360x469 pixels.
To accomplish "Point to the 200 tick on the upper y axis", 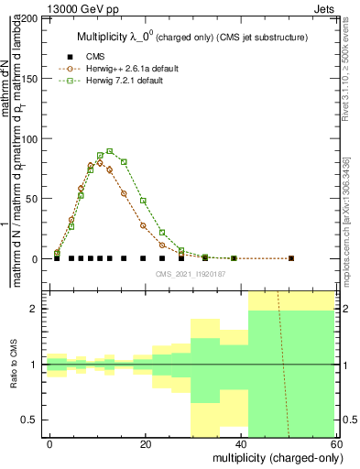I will pos(32,18).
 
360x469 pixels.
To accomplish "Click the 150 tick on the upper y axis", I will pos(32,79).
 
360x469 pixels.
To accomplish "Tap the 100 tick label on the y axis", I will pos(32,138).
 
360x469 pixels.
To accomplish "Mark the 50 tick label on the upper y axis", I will pos(35,199).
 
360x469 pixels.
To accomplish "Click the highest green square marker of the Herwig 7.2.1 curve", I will pos(109,151).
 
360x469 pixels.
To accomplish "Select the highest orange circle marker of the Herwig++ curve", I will pos(100,161).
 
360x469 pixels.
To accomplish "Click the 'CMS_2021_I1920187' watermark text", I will pos(191,273).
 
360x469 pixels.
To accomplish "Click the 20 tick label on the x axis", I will pos(144,443).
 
